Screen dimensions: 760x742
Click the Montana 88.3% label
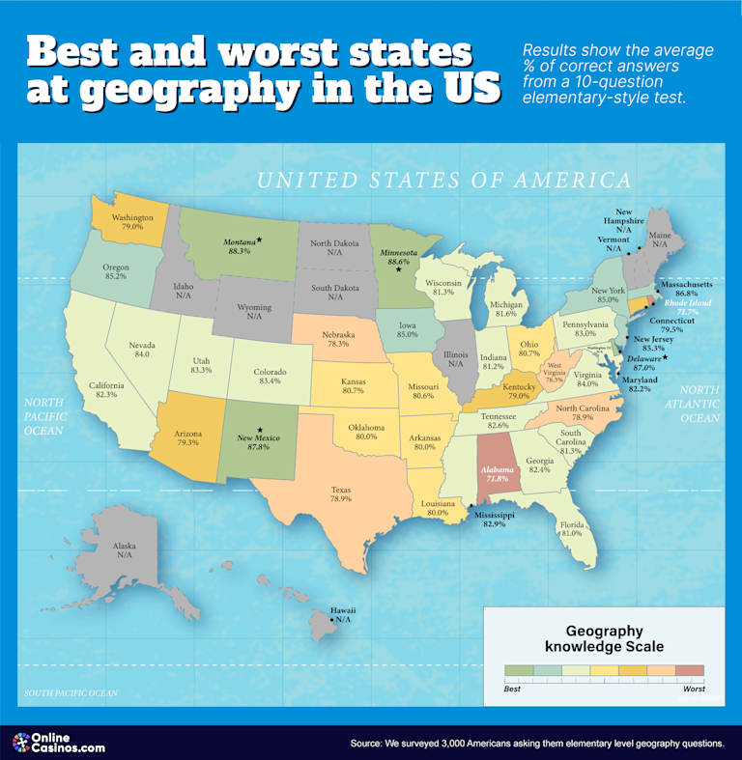coord(239,245)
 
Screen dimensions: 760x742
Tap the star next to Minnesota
coord(397,269)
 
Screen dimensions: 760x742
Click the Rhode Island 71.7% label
coord(688,307)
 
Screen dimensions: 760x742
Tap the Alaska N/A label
coord(125,549)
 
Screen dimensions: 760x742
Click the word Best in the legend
coord(513,689)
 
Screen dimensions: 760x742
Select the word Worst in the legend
coord(694,689)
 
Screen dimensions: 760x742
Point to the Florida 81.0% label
coord(571,527)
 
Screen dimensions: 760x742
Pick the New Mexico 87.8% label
coord(259,441)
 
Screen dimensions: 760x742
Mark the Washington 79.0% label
coord(132,222)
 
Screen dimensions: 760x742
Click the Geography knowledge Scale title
coord(605,638)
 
